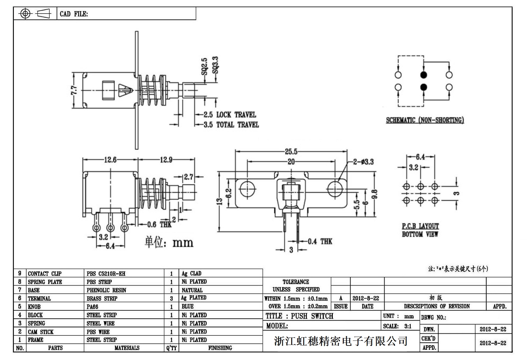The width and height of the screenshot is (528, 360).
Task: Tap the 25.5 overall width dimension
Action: click(x=291, y=152)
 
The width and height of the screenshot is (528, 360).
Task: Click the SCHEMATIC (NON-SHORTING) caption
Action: click(x=425, y=120)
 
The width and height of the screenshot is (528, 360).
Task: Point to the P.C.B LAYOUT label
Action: click(x=420, y=226)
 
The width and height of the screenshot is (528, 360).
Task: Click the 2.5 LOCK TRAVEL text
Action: click(x=230, y=115)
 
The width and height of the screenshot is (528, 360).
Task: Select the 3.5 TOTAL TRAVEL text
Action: click(x=231, y=125)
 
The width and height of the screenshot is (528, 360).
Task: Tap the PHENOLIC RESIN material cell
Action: click(x=106, y=290)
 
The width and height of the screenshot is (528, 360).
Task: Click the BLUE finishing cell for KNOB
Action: click(x=188, y=307)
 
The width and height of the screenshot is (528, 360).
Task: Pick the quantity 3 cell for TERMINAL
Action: click(x=171, y=299)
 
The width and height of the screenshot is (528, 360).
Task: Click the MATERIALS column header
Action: click(x=127, y=348)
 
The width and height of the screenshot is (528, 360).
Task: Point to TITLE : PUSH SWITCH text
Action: click(x=299, y=316)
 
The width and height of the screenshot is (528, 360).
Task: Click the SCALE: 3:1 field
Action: click(x=401, y=326)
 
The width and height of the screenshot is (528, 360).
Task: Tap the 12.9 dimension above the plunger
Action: click(x=166, y=160)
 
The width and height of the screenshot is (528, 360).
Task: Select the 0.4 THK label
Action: click(x=320, y=242)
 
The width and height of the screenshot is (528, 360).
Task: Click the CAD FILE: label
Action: click(x=74, y=14)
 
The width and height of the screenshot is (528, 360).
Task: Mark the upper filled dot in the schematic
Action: click(x=423, y=75)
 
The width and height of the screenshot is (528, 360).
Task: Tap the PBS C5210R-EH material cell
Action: click(x=106, y=274)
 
